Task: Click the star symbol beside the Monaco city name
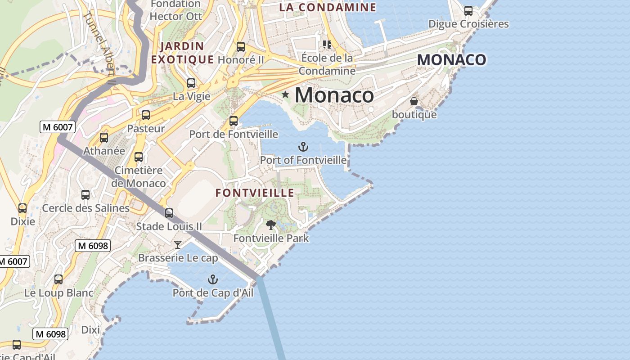285,94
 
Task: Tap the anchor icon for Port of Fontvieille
303,147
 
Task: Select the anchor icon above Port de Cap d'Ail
212,280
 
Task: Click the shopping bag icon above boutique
414,102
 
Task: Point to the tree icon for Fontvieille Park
270,225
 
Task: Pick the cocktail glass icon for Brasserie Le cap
178,245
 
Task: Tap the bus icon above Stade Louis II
169,213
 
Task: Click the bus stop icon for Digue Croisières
468,11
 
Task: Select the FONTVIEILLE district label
255,193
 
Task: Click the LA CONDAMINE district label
328,7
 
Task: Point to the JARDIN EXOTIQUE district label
182,53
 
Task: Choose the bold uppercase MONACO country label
451,60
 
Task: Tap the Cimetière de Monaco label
139,177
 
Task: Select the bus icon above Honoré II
241,47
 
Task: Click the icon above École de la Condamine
327,45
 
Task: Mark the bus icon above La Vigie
191,83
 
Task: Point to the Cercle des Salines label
85,208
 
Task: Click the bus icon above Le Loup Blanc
58,279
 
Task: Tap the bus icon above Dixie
22,208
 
